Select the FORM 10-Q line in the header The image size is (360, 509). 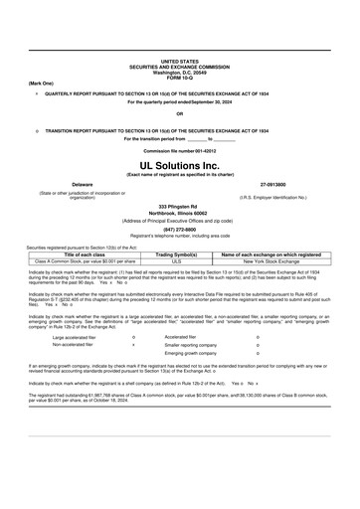(x=179, y=77)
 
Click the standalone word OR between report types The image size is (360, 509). (x=179, y=113)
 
